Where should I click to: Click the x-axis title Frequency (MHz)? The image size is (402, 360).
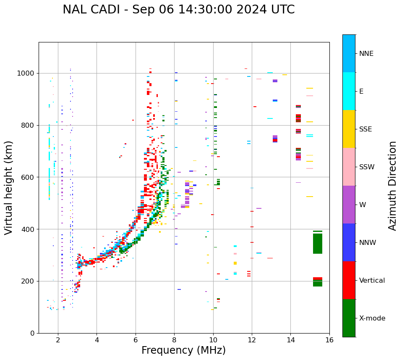[x=183, y=350]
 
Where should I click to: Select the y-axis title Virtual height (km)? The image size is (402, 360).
[x=9, y=188]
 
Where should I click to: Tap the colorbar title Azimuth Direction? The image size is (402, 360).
[x=392, y=186]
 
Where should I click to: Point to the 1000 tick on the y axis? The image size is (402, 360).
[x=27, y=73]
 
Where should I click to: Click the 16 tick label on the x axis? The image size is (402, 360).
[x=329, y=340]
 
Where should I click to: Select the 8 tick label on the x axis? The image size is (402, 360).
[x=174, y=340]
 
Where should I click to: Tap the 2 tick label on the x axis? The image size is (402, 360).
[x=58, y=340]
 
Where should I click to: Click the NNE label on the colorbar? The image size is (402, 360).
[x=366, y=54]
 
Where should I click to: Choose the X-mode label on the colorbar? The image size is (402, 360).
[x=372, y=318]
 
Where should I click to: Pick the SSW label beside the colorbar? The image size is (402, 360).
[x=367, y=167]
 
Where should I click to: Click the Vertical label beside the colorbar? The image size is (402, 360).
[x=372, y=281]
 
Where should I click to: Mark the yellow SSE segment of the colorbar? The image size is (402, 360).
[x=349, y=129]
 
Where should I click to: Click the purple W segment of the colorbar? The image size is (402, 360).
[x=349, y=205]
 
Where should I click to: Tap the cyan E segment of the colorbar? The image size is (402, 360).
[x=349, y=91]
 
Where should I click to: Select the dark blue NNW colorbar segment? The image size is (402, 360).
[x=349, y=242]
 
